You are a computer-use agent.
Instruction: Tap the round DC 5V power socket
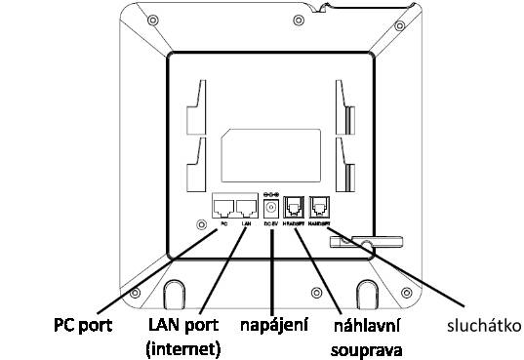tap(272, 207)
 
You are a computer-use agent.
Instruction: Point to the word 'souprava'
tap(372, 346)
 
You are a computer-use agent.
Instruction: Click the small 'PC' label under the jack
tap(224, 223)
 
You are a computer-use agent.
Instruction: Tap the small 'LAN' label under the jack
tap(247, 223)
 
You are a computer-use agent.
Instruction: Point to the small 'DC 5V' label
tap(272, 223)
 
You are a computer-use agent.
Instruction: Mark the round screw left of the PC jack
tap(202, 223)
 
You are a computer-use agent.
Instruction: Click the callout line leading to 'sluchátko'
tap(410, 278)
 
